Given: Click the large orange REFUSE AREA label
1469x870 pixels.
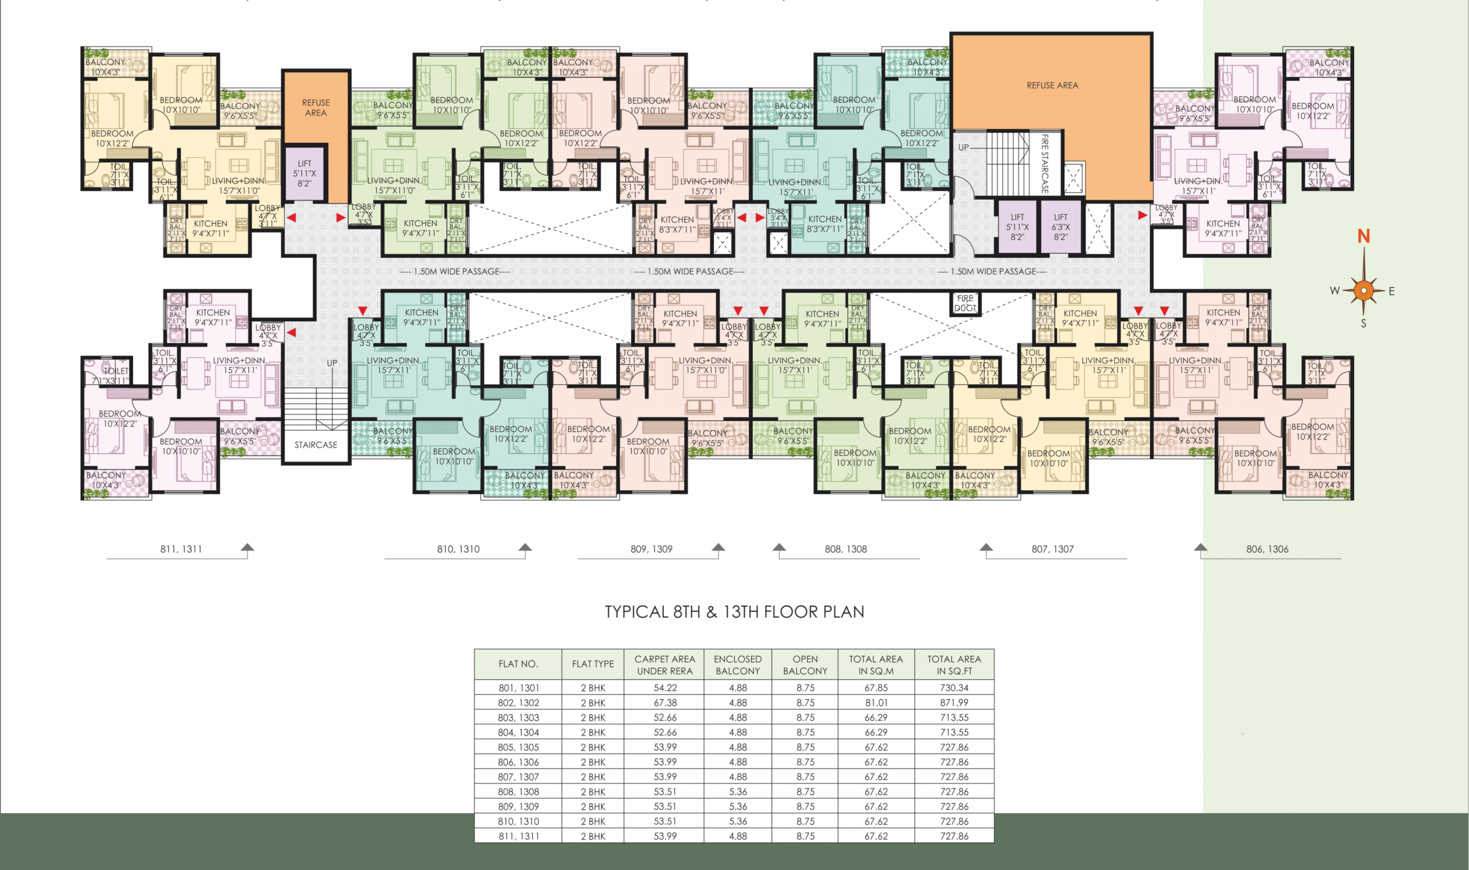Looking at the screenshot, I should pyautogui.click(x=1052, y=85).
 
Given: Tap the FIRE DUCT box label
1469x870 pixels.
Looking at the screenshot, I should pyautogui.click(x=965, y=303).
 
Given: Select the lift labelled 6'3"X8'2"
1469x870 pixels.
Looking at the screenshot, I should pyautogui.click(x=1060, y=228).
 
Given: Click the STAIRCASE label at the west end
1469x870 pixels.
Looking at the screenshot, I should pyautogui.click(x=316, y=445).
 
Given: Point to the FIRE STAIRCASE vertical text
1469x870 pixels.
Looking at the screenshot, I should pyautogui.click(x=1044, y=164).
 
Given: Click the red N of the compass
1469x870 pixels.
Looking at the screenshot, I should pyautogui.click(x=1363, y=236).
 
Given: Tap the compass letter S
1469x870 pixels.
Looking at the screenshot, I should pyautogui.click(x=1363, y=323).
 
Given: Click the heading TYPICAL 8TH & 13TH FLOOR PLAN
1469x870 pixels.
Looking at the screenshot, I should pyautogui.click(x=734, y=612).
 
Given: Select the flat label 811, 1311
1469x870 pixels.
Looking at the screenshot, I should pyautogui.click(x=181, y=549).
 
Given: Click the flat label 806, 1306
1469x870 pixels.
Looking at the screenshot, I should pyautogui.click(x=1267, y=549).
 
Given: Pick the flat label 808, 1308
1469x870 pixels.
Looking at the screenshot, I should pyautogui.click(x=846, y=549).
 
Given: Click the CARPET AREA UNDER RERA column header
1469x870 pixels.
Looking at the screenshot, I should pyautogui.click(x=664, y=665).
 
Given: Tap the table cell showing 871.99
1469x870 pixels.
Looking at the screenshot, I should pyautogui.click(x=954, y=703).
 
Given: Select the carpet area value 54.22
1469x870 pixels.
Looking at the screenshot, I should pyautogui.click(x=665, y=688).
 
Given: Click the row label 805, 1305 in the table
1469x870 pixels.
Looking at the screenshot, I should pyautogui.click(x=518, y=747).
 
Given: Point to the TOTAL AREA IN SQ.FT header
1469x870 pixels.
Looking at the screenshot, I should pyautogui.click(x=954, y=665).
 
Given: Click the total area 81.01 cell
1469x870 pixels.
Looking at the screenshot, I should pyautogui.click(x=876, y=703).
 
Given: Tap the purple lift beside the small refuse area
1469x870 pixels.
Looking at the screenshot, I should pyautogui.click(x=304, y=174).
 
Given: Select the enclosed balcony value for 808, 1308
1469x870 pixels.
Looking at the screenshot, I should pyautogui.click(x=738, y=792).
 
